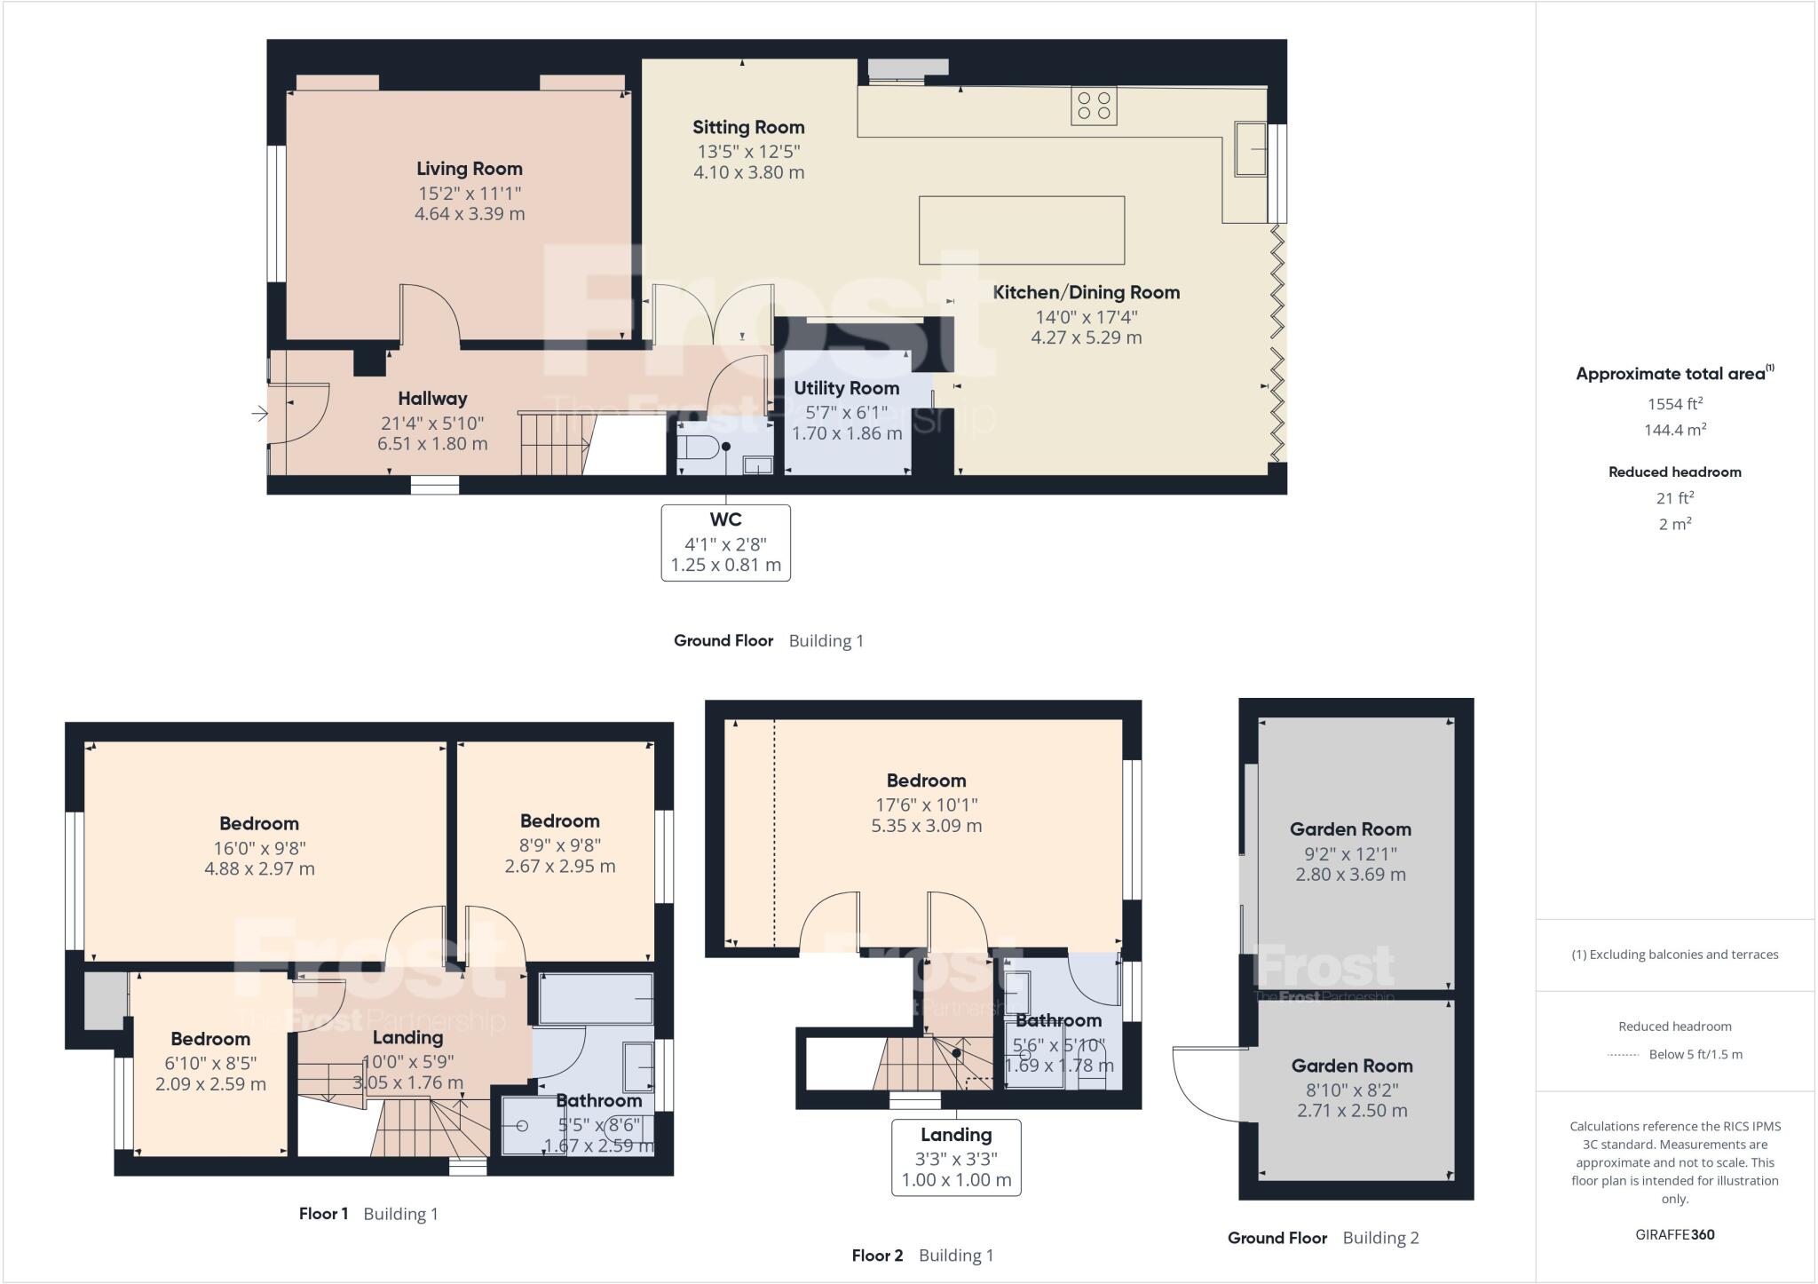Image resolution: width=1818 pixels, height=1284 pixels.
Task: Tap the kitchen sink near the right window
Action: coord(1251,148)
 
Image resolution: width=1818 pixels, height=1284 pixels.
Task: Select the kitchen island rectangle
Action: coord(1021,230)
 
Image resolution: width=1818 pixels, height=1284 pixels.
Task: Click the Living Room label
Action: coord(470,169)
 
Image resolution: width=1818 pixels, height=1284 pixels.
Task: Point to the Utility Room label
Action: coord(846,388)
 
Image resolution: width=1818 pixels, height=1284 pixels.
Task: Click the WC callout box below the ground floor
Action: coord(725,543)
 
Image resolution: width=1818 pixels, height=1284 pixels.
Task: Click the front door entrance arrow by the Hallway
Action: coord(259,413)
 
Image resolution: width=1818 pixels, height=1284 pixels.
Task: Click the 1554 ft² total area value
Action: coord(1674,404)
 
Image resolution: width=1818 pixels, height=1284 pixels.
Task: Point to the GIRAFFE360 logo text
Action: coord(1674,1234)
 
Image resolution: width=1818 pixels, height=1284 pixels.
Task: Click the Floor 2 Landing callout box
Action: coord(956,1157)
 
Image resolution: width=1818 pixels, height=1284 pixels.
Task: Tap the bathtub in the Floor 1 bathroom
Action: coord(596,998)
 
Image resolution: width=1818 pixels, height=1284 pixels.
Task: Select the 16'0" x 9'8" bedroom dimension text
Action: coord(259,848)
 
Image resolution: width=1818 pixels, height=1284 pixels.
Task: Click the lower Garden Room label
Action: coord(1351,1066)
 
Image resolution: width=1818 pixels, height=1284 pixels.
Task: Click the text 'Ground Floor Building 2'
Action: coord(1323,1238)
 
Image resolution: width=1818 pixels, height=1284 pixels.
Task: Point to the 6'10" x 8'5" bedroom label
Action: coord(210,1039)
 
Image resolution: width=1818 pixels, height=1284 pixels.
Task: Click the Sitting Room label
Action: coord(748,128)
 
